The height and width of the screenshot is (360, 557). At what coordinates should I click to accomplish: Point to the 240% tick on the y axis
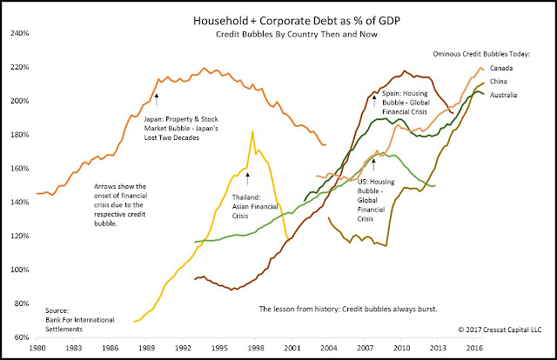click(21, 34)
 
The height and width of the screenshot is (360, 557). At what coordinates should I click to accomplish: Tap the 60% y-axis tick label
click(21, 337)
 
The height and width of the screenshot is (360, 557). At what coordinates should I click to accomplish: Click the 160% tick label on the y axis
click(21, 168)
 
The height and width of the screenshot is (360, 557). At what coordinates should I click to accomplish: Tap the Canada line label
click(501, 68)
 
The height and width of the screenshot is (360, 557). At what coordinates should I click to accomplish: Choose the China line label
click(499, 81)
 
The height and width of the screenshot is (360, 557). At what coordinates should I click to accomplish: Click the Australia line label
click(504, 94)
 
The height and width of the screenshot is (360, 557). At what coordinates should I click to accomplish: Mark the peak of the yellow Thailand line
click(252, 131)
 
